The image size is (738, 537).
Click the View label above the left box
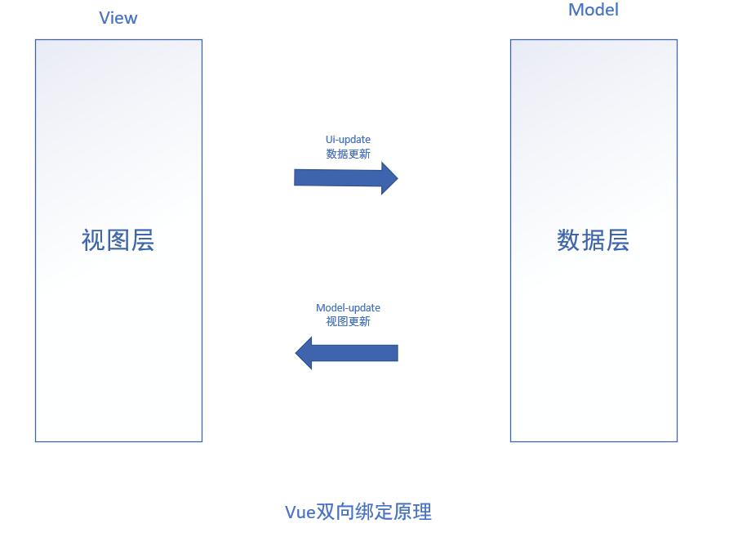pyautogui.click(x=118, y=18)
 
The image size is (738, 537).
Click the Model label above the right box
pyautogui.click(x=594, y=10)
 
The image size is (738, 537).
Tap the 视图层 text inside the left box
pyautogui.click(x=118, y=240)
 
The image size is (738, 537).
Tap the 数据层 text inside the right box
pyautogui.click(x=594, y=240)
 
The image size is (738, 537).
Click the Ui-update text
pyautogui.click(x=348, y=140)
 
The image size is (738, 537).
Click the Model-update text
pyautogui.click(x=348, y=307)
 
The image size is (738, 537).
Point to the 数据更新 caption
pyautogui.click(x=348, y=154)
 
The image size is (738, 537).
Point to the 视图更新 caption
pyautogui.click(x=348, y=321)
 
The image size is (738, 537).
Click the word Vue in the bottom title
pyautogui.click(x=300, y=512)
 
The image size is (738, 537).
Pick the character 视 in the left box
pyautogui.click(x=94, y=240)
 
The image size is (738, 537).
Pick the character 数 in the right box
pyautogui.click(x=569, y=240)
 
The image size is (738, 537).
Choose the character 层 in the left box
pyautogui.click(x=143, y=240)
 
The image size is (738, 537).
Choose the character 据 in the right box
pyautogui.click(x=594, y=240)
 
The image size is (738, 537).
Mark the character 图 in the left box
pyautogui.click(x=118, y=240)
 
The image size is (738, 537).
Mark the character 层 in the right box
pyautogui.click(x=618, y=240)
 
